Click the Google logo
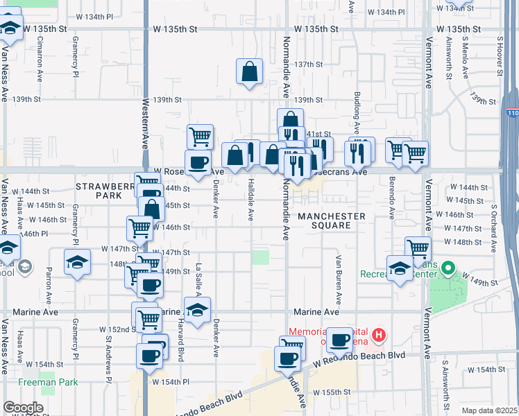[22, 408]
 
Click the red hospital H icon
[378, 337]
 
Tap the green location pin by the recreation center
[448, 267]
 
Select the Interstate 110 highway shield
[511, 112]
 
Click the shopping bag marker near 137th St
[250, 71]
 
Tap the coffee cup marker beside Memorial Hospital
[339, 340]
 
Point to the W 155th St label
[332, 392]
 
